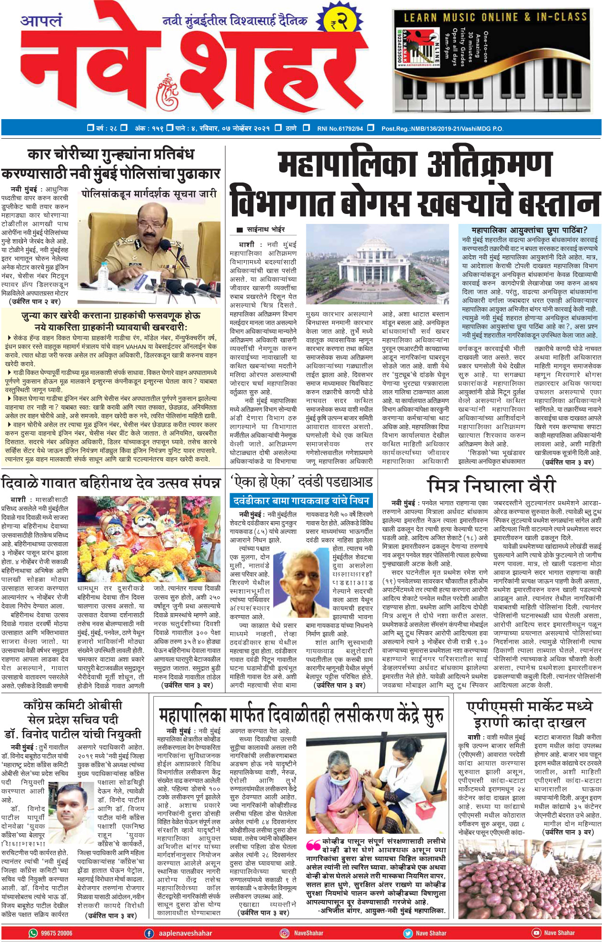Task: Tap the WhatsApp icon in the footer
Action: tap(33, 933)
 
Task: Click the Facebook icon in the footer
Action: tap(149, 933)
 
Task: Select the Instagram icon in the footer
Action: tap(284, 933)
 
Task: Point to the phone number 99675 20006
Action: tap(57, 933)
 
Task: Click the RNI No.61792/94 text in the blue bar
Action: tap(340, 128)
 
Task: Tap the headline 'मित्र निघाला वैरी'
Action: tap(492, 485)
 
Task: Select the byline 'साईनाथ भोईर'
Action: tap(266, 230)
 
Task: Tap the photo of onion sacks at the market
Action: tap(529, 879)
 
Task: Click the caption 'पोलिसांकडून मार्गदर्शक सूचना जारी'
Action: tap(149, 194)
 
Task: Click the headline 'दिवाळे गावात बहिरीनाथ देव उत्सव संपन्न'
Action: tap(111, 483)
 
